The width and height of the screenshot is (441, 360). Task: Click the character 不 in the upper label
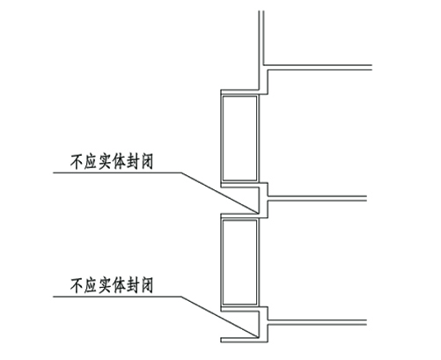[77, 162]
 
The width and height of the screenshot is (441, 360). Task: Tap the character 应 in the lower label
[91, 286]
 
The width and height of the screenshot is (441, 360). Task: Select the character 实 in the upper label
[105, 162]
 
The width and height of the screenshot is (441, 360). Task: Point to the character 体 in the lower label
[119, 286]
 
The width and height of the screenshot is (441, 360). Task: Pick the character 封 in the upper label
[132, 162]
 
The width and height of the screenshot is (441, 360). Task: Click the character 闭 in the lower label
[146, 286]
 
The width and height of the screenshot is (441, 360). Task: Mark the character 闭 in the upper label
[146, 162]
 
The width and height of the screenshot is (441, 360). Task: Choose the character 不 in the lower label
[77, 286]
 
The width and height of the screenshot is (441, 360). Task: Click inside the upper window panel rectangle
[239, 138]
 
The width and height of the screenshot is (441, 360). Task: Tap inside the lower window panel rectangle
[239, 262]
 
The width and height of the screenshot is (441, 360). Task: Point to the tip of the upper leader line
[258, 213]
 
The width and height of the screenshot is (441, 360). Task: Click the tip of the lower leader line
[258, 337]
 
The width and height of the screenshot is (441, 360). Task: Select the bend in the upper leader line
[181, 173]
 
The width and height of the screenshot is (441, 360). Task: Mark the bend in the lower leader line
[181, 297]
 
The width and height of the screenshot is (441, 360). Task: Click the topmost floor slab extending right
[318, 68]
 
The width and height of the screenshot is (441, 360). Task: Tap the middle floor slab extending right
[317, 198]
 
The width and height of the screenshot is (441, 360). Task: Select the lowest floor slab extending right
[317, 322]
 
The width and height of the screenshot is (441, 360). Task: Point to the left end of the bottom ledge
[221, 340]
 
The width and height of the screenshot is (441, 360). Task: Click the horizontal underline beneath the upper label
[117, 173]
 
